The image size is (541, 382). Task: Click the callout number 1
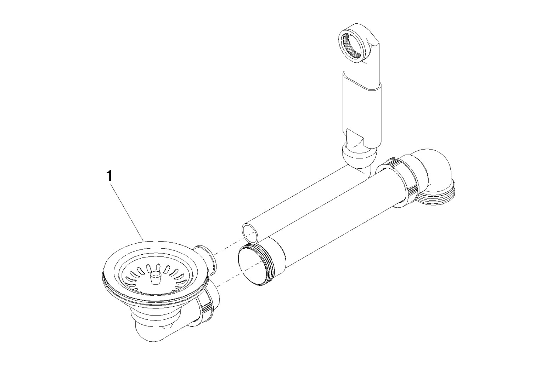click(x=109, y=176)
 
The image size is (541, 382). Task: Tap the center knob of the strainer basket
click(x=155, y=277)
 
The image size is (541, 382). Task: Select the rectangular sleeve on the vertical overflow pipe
click(x=362, y=110)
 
